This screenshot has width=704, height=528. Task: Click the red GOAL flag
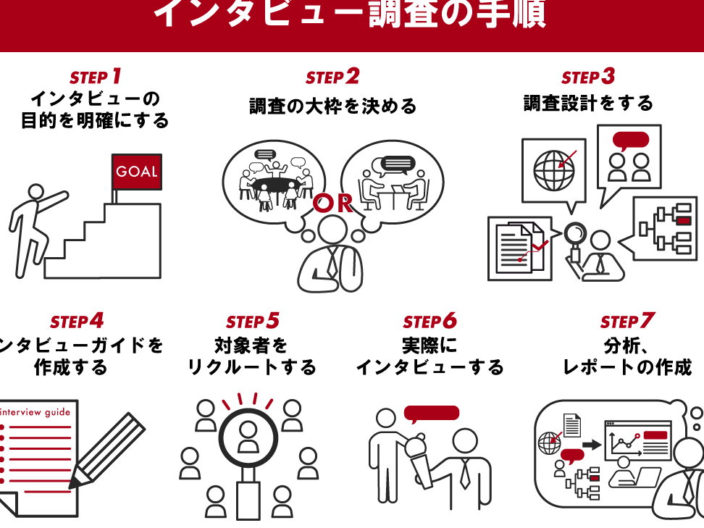pos(136,172)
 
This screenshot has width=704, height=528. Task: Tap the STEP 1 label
pos(95,77)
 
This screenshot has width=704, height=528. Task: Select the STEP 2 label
pos(332,77)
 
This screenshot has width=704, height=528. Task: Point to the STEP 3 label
pos(587,77)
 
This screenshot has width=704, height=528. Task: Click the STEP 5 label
pos(252,321)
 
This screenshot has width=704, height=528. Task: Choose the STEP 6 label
pos(429,321)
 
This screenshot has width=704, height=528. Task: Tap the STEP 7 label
pos(627,321)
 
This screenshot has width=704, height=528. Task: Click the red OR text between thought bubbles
pos(333,204)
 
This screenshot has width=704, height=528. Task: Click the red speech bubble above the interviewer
pos(432,414)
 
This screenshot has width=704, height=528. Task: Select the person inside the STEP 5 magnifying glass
pos(248,436)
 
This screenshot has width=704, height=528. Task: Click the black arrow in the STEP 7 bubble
pos(592,443)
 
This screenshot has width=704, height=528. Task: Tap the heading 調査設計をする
pos(588,104)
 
